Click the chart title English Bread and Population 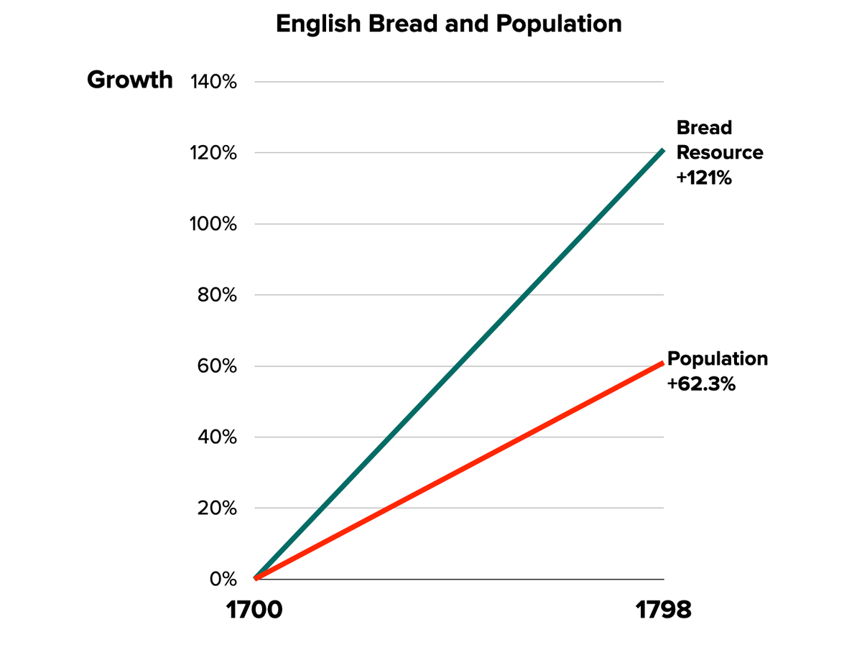(449, 24)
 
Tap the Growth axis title (130, 80)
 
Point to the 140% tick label (213, 82)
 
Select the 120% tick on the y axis (213, 153)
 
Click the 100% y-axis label (213, 224)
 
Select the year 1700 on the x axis (254, 610)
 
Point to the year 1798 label (663, 610)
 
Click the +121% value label (704, 178)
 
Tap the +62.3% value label (701, 384)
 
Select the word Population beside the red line (718, 358)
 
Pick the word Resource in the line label (720, 152)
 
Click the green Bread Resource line (460, 366)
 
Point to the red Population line (460, 471)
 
